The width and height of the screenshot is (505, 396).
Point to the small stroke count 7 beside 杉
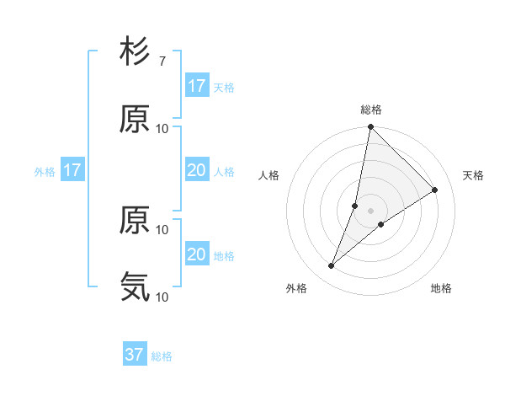click(162, 62)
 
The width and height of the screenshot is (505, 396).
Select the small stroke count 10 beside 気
click(162, 297)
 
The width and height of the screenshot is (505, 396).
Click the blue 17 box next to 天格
click(197, 86)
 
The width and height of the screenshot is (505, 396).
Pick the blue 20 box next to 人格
click(197, 171)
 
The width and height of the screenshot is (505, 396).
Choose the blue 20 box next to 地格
click(197, 255)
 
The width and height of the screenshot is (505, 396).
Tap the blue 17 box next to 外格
click(72, 171)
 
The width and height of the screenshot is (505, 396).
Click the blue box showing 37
click(135, 356)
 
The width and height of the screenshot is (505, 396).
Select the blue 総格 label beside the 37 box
click(162, 356)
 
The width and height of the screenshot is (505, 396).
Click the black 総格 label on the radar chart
click(371, 110)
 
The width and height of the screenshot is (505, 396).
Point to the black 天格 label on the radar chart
click(474, 175)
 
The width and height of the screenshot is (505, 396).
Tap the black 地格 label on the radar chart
click(441, 289)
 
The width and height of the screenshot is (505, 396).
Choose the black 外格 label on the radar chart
click(296, 289)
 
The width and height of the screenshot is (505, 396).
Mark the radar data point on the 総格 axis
click(370, 128)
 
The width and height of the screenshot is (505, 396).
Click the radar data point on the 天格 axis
click(435, 190)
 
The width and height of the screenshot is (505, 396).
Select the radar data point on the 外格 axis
click(332, 266)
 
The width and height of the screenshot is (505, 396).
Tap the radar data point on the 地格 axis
click(381, 224)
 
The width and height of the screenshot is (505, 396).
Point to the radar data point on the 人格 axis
click(355, 206)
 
